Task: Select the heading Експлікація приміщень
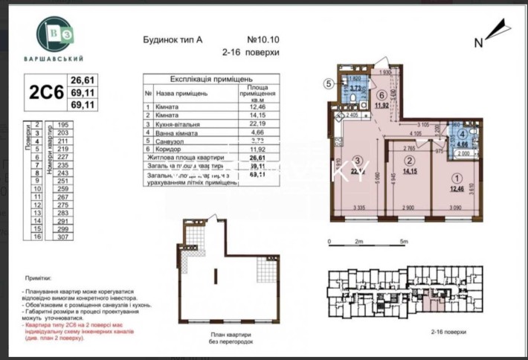[x=211, y=78]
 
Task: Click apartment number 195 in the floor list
[x=62, y=125]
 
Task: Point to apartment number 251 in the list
[x=62, y=180]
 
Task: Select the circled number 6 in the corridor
[x=381, y=95]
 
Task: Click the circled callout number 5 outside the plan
[x=329, y=84]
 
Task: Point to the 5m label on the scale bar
[x=403, y=242]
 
